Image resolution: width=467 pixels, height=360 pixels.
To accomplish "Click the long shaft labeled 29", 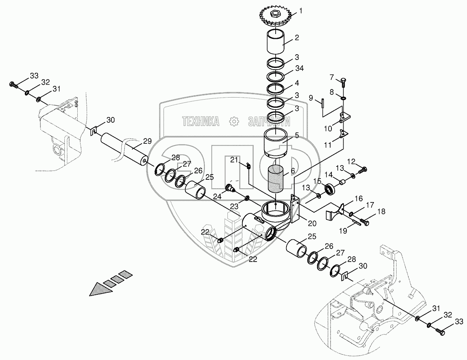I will point(123,147).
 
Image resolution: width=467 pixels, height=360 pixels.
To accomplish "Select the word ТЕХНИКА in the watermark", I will point(201,121).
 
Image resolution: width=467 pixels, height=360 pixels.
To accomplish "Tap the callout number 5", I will point(297,136).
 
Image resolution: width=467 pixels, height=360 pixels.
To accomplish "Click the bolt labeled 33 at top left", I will point(13,85).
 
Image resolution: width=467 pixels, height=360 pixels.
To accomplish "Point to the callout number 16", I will point(359,199).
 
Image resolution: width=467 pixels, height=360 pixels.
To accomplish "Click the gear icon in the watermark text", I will point(233,121).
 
